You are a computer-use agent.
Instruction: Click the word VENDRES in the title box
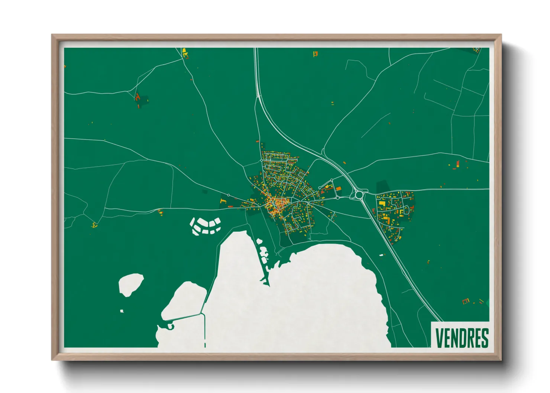tap(462, 338)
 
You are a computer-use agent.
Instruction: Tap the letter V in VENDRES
tap(439, 338)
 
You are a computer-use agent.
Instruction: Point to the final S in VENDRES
tap(485, 338)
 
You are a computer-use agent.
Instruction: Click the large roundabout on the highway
tap(359, 195)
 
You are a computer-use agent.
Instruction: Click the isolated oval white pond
tap(130, 284)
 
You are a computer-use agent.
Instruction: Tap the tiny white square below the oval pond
tap(122, 311)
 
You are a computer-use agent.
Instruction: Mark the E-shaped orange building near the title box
tap(465, 301)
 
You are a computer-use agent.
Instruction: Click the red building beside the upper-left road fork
tap(137, 97)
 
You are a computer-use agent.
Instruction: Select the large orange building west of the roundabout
tap(328, 187)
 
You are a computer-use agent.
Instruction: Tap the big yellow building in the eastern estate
tap(382, 204)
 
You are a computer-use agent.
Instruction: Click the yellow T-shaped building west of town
tap(223, 201)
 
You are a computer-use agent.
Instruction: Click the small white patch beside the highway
tap(381, 255)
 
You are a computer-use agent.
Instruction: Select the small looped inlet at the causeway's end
tap(171, 326)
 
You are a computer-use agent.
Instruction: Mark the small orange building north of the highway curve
tap(344, 163)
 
